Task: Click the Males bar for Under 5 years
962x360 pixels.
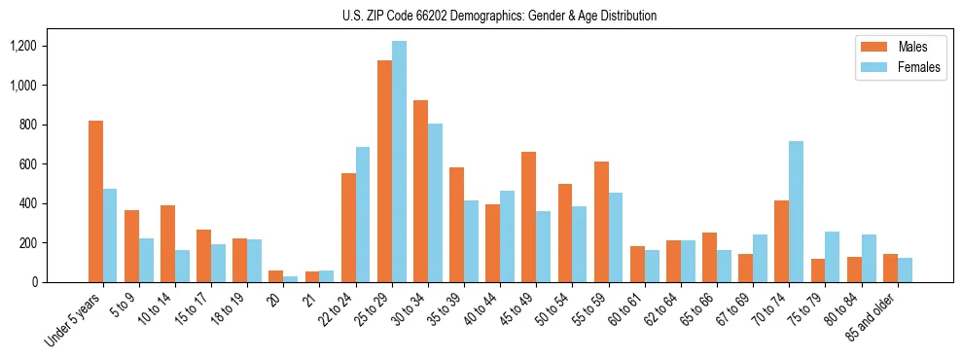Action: pyautogui.click(x=95, y=201)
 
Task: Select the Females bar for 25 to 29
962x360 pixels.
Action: pyautogui.click(x=399, y=162)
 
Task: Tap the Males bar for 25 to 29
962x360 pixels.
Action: pyautogui.click(x=384, y=171)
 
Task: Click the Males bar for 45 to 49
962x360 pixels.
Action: pyautogui.click(x=529, y=217)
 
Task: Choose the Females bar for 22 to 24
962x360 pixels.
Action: pyautogui.click(x=363, y=214)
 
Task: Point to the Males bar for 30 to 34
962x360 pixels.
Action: pyautogui.click(x=420, y=191)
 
